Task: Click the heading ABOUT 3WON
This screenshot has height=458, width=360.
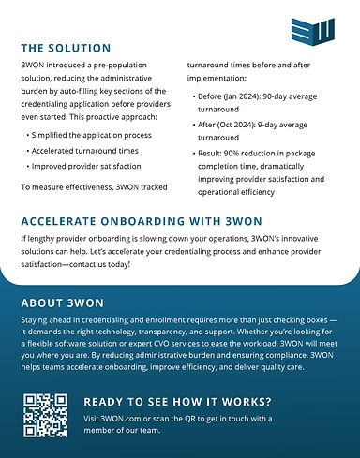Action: tap(63, 304)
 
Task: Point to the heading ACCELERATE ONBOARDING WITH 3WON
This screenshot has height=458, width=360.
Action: tap(140, 222)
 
